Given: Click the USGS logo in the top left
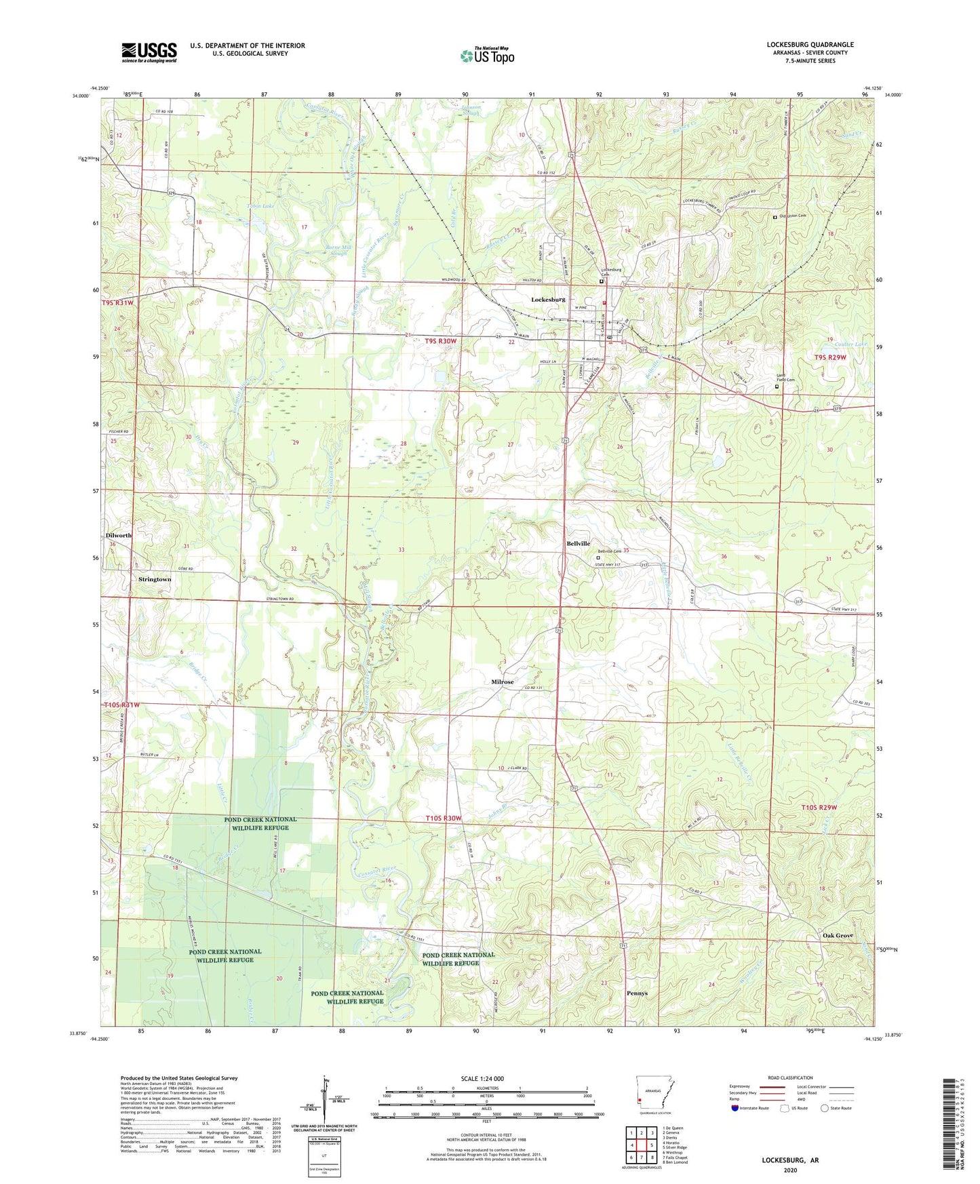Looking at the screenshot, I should (x=149, y=52).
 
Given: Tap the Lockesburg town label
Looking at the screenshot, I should (x=548, y=299).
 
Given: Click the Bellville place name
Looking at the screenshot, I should (x=579, y=544).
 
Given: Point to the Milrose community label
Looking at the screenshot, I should (x=503, y=682).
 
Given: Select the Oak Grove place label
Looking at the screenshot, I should (x=838, y=936).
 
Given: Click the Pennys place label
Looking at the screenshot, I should (x=637, y=993).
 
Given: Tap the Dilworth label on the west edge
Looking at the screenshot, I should (x=119, y=535).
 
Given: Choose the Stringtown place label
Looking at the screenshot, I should (x=155, y=580).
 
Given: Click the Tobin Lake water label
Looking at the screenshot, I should (x=260, y=205).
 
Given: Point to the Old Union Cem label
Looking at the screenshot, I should (x=793, y=216).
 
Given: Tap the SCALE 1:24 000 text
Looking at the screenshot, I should (x=482, y=1078).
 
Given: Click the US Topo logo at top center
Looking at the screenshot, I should (x=487, y=55).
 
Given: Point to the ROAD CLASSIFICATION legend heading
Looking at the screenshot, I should (x=790, y=1078).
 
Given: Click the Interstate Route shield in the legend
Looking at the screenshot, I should (x=736, y=1108).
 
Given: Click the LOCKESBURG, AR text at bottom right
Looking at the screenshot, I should (x=790, y=1160).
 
